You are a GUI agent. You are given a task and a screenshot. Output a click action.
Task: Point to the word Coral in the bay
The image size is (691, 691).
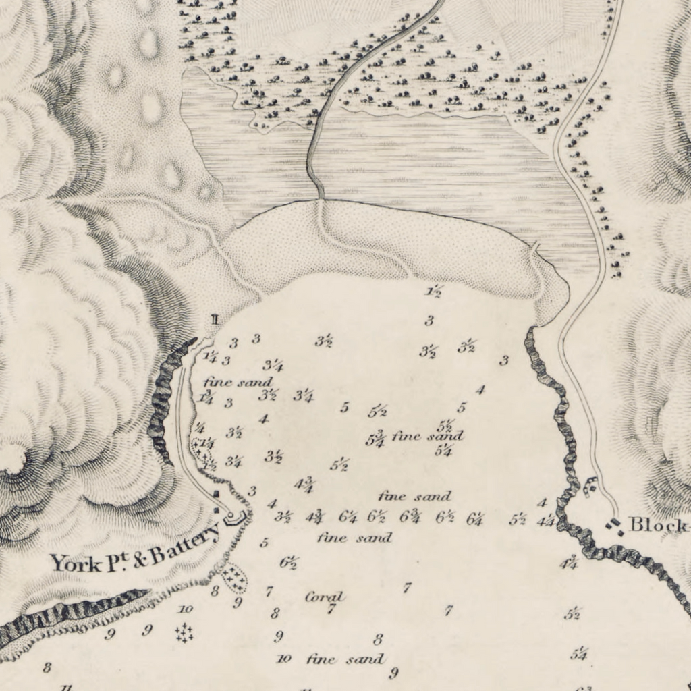pyautogui.click(x=325, y=597)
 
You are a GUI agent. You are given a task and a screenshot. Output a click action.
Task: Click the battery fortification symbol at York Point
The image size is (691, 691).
pyautogui.click(x=234, y=518)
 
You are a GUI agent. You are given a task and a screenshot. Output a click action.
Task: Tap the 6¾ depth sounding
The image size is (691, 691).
pyautogui.click(x=410, y=517)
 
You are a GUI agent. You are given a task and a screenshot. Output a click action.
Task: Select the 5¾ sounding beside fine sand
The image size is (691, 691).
pyautogui.click(x=375, y=439)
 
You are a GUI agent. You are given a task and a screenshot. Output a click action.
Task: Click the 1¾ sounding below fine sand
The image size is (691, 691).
pyautogui.click(x=206, y=397)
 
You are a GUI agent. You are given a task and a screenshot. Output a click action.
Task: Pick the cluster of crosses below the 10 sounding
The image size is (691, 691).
pyautogui.click(x=184, y=633)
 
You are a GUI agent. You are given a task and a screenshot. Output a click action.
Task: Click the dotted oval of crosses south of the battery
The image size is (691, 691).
pyautogui.click(x=234, y=578)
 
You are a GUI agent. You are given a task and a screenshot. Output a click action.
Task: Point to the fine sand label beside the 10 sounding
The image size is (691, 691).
pyautogui.click(x=345, y=659)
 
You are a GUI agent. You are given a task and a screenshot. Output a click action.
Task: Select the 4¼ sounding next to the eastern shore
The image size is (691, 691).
pyautogui.click(x=547, y=520)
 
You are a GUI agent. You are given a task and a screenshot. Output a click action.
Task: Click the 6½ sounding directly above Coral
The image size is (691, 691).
pyautogui.click(x=288, y=562)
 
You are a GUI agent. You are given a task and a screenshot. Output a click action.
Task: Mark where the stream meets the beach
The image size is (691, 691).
pyautogui.click(x=321, y=199)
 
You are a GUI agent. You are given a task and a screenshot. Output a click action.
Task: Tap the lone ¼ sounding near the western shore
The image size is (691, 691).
pyautogui.click(x=200, y=427)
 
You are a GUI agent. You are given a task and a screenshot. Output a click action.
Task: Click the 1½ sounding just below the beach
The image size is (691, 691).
pyautogui.click(x=433, y=292)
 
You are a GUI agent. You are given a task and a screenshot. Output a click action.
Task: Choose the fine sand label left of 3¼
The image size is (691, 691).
pyautogui.click(x=238, y=382)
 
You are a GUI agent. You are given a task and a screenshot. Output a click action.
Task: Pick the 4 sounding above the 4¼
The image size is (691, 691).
pyautogui.click(x=542, y=503)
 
